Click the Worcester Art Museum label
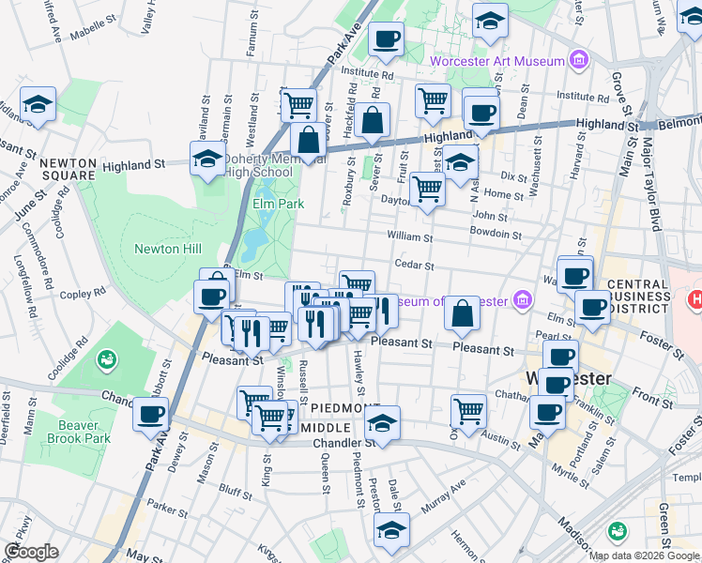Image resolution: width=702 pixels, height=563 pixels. tap(497, 62)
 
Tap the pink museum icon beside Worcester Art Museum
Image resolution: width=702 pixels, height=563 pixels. tap(579, 62)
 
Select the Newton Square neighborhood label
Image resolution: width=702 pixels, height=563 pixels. tap(67, 169)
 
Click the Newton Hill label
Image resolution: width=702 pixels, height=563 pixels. tap(167, 249)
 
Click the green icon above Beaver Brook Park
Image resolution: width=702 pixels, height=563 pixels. tap(107, 358)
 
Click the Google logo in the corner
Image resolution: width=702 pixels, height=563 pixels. tap(31, 552)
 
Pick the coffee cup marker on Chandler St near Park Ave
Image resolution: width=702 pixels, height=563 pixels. tap(150, 414)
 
